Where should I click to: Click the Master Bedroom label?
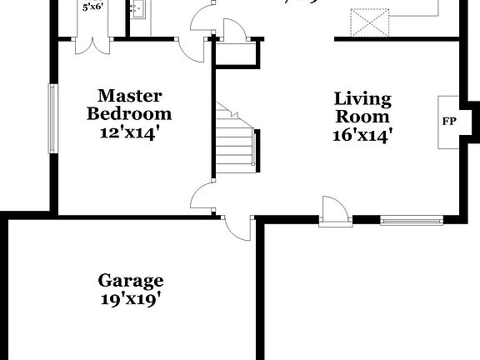tap(129, 104)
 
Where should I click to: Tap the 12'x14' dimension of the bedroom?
tap(129, 131)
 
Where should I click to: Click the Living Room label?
tap(362, 107)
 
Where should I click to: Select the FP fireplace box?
tap(449, 122)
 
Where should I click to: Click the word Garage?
tap(131, 281)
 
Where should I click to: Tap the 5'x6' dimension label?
tap(92, 7)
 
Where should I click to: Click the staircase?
tap(236, 142)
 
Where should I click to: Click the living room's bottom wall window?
tap(412, 221)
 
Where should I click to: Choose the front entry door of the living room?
tap(336, 212)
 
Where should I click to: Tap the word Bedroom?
tap(129, 113)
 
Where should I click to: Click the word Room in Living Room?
tap(363, 117)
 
